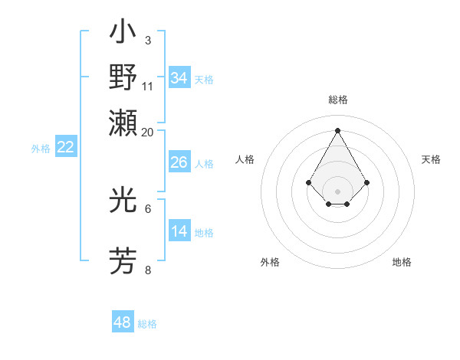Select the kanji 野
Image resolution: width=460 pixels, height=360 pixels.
point(123,78)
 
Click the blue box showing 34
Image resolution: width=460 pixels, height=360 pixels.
point(179,78)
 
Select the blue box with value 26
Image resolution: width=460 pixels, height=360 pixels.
point(179,162)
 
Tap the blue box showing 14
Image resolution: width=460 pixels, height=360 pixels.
point(179,231)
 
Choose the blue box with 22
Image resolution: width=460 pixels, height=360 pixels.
point(65,148)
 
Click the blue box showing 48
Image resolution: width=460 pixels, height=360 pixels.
point(123,322)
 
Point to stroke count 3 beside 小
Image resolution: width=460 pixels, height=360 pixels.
point(147,40)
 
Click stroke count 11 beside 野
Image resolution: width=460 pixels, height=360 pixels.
point(148,86)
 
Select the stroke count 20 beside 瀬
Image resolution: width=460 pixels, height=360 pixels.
point(148,132)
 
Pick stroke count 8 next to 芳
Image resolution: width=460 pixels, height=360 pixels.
point(148,270)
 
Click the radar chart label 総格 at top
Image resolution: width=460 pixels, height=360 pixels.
point(337,100)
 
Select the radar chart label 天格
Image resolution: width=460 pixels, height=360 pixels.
point(431,159)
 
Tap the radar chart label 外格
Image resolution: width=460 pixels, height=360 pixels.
point(270,262)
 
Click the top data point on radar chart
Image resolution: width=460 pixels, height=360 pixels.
point(337,129)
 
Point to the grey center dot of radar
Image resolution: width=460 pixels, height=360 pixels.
point(337,191)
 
